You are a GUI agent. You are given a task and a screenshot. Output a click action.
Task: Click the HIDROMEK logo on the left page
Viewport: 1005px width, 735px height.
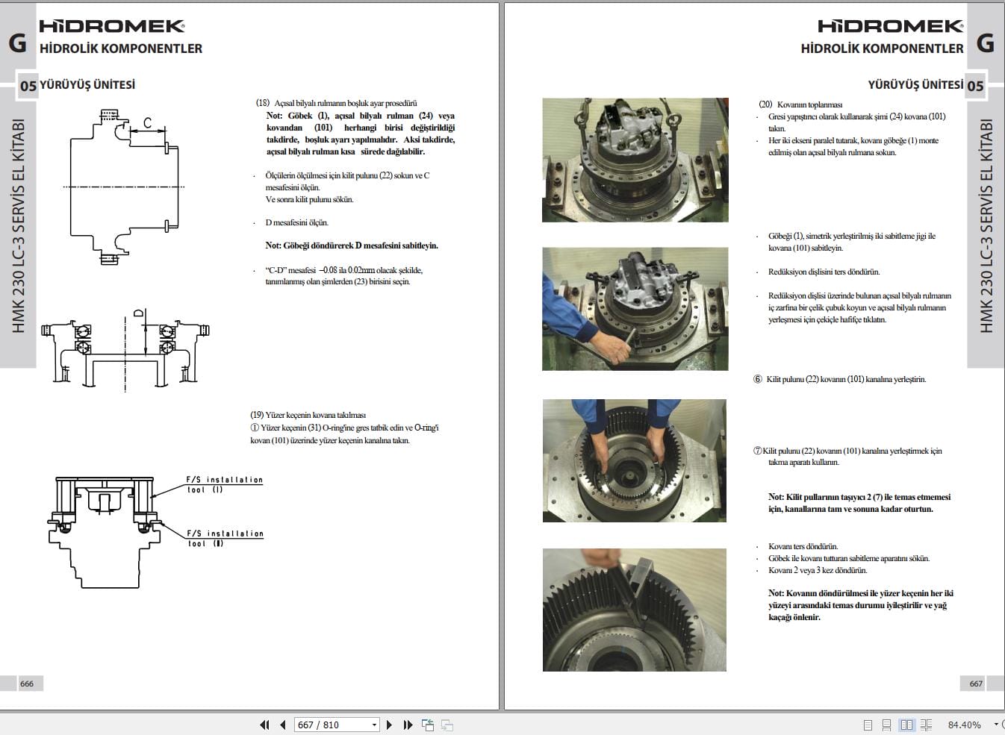[112, 26]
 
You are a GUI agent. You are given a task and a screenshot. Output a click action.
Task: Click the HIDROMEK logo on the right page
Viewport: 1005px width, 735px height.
[891, 26]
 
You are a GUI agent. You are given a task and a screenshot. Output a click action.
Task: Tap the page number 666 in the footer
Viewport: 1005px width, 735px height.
[27, 684]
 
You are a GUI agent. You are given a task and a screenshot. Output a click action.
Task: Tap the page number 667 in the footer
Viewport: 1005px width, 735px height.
[976, 684]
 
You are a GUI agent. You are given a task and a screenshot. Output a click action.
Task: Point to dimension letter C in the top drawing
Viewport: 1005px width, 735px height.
[147, 123]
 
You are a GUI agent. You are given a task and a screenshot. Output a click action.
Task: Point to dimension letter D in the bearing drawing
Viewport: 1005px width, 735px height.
[138, 313]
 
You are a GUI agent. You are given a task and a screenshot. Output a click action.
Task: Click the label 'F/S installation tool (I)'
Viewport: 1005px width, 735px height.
[224, 484]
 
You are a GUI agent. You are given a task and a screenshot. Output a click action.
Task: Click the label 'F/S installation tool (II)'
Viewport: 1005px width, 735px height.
[224, 538]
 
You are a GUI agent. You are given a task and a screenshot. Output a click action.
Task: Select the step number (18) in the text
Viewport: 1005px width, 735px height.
[262, 103]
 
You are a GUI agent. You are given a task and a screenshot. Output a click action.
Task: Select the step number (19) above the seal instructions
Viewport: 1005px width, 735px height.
[257, 415]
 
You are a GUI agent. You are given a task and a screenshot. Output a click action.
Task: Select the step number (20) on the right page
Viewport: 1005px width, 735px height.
[765, 104]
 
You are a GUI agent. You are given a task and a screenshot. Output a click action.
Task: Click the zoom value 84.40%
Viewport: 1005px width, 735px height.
[964, 725]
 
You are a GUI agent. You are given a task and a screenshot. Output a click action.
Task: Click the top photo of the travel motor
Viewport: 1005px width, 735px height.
[635, 160]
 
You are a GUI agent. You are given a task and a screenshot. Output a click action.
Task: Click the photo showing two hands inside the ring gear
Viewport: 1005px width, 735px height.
[634, 460]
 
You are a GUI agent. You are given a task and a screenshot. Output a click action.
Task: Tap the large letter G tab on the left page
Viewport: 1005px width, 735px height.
[17, 43]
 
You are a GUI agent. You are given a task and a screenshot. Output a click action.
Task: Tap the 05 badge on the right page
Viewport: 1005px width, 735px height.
[975, 86]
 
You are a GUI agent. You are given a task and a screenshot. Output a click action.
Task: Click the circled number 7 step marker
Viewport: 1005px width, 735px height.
[757, 451]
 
